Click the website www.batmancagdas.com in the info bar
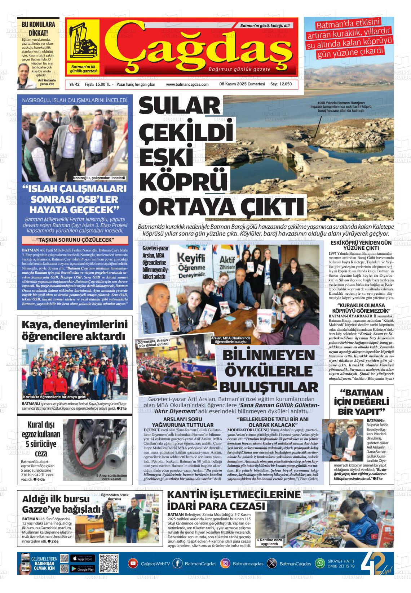[187, 84]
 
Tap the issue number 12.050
[285, 84]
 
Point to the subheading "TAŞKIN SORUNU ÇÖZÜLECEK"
[75, 240]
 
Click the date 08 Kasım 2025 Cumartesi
[242, 84]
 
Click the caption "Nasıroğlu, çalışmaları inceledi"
[99, 178]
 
